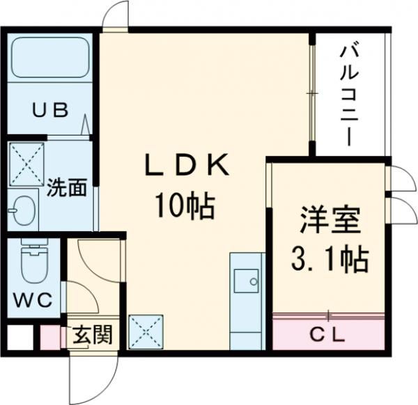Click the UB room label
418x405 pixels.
[x=51, y=109]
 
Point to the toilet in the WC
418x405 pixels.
[x=32, y=262]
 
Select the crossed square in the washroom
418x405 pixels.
[x=26, y=164]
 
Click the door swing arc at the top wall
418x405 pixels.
[x=116, y=15]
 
